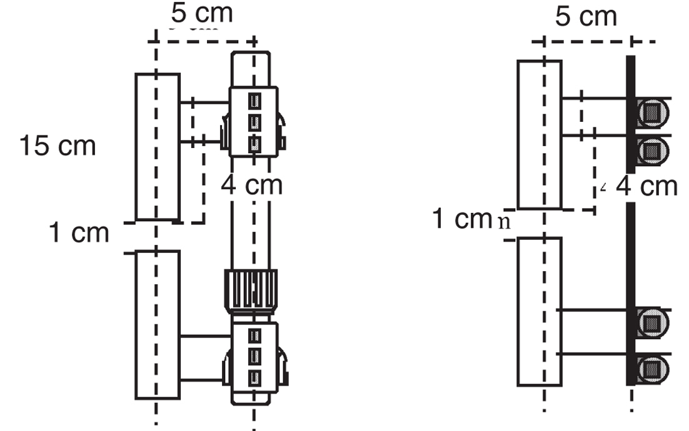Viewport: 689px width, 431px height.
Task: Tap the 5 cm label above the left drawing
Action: [202, 14]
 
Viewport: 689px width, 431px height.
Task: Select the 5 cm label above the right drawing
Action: [586, 16]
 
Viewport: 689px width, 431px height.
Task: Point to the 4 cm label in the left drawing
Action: [251, 185]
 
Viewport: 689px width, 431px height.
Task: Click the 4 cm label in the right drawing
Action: [646, 186]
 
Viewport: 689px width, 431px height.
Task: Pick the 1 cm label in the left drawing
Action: [79, 232]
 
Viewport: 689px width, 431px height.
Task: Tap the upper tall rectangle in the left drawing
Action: [158, 147]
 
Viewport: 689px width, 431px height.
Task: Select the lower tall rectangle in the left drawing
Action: [158, 324]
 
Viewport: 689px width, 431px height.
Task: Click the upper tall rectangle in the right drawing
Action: [539, 134]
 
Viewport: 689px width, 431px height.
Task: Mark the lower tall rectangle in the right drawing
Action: [539, 310]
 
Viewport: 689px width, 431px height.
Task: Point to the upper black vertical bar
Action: [630, 112]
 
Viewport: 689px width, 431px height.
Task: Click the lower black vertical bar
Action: [630, 294]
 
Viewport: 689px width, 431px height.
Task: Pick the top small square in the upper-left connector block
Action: [254, 100]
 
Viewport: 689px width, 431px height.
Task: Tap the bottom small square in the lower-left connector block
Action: [254, 377]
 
